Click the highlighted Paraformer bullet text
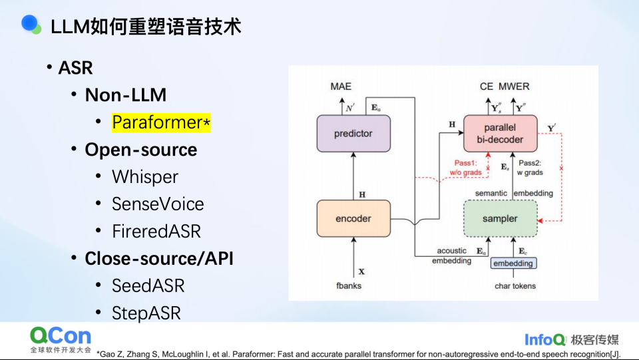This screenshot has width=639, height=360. point(161,122)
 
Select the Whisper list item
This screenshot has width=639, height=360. point(145,177)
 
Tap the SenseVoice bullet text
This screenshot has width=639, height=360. point(158,204)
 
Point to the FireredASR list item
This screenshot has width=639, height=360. point(156,232)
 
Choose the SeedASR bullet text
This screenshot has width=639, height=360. point(148,286)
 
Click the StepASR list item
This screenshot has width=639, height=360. point(146,313)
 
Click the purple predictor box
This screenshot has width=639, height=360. point(353,134)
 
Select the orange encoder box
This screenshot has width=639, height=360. point(353,219)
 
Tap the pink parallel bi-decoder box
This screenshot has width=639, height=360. point(500,134)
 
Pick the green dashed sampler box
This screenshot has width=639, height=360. point(500,219)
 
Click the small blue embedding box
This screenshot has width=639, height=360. point(513,264)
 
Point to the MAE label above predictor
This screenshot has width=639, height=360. point(341,87)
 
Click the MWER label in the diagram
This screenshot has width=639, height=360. point(514,87)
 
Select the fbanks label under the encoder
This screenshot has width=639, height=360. point(349,286)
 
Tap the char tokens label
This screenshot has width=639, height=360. point(515,286)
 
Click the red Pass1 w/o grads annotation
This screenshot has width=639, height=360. point(465,168)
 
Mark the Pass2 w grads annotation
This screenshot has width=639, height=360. point(530,168)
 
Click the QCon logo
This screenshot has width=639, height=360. point(61,339)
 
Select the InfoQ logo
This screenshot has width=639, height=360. point(545,339)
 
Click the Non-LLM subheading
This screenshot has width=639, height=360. point(126,95)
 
